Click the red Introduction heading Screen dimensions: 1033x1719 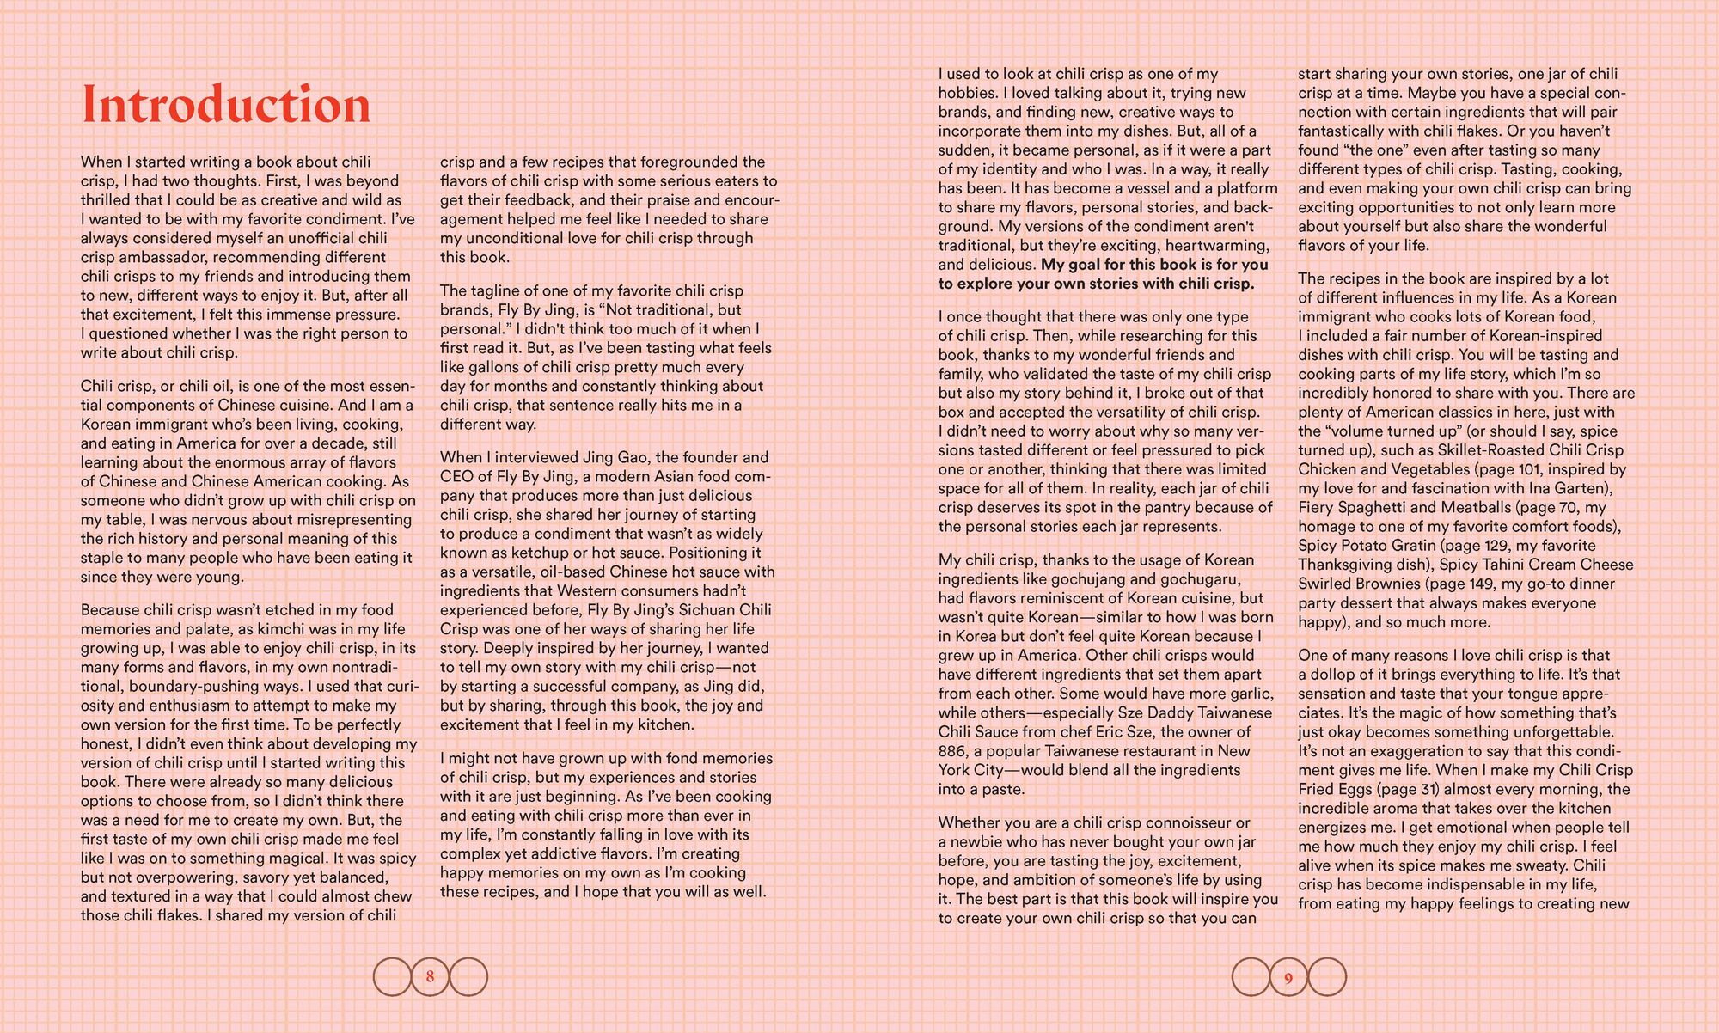tap(225, 106)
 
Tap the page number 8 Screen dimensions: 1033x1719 tap(430, 976)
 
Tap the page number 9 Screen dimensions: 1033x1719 tap(1288, 977)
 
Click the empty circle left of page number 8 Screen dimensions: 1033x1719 tap(392, 976)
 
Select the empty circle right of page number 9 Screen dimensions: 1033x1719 tap(1327, 977)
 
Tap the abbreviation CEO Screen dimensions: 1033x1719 tap(456, 476)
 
